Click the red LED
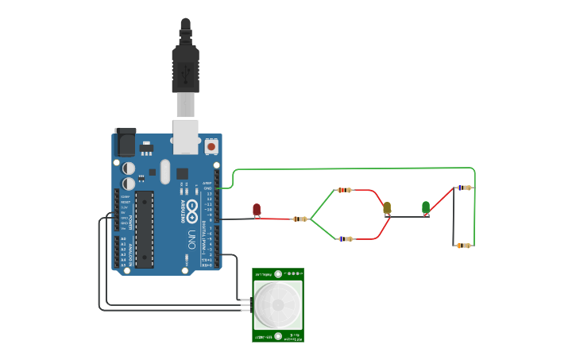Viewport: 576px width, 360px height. (257, 210)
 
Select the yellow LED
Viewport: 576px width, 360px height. (387, 208)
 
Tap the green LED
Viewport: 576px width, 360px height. (426, 207)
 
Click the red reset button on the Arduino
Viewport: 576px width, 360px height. (211, 146)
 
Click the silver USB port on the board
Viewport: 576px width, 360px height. (186, 137)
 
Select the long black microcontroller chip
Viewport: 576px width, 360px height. (144, 228)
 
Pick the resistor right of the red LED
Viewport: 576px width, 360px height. (300, 219)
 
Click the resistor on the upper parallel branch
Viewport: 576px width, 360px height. (343, 190)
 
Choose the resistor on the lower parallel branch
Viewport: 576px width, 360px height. (345, 238)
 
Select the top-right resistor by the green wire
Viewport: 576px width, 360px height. (464, 188)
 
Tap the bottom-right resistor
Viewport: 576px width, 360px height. (464, 246)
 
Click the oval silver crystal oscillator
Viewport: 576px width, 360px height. (164, 171)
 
